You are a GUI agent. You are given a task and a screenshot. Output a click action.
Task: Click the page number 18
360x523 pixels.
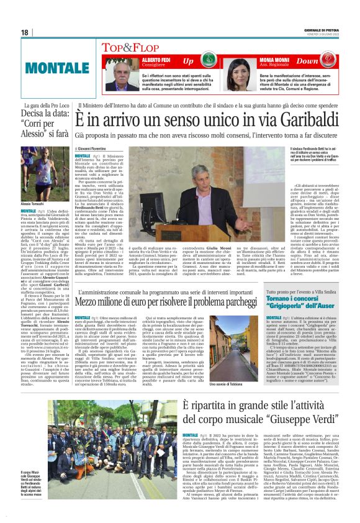click(x=25, y=32)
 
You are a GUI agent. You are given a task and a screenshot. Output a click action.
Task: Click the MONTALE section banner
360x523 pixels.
click(x=47, y=65)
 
